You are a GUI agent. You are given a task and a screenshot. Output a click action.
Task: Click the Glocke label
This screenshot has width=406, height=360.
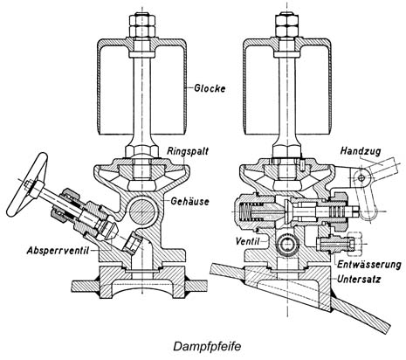click(x=210, y=88)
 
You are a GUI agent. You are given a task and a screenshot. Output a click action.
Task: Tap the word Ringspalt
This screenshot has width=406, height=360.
click(x=188, y=151)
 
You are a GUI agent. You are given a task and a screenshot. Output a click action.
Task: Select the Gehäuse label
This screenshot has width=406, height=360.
click(x=189, y=201)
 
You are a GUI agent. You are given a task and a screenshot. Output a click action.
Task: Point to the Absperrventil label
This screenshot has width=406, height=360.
click(x=58, y=251)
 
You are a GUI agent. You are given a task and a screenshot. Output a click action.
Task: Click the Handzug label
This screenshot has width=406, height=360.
click(x=361, y=151)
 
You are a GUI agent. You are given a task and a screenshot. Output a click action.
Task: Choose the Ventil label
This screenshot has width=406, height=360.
click(x=247, y=241)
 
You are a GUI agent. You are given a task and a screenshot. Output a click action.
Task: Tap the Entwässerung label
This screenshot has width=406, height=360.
click(x=369, y=265)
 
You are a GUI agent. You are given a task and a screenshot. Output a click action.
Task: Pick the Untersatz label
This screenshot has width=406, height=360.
click(x=359, y=279)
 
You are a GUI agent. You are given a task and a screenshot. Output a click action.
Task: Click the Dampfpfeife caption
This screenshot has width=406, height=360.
click(x=207, y=346)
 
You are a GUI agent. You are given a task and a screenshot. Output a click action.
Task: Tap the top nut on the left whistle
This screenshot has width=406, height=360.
click(x=142, y=25)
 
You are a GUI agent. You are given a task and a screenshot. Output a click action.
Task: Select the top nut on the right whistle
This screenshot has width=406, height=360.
click(x=287, y=25)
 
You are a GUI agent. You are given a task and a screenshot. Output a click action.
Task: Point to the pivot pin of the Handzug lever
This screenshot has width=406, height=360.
click(x=361, y=177)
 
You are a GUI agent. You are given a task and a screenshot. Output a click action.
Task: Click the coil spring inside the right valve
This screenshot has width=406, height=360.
click(x=246, y=211)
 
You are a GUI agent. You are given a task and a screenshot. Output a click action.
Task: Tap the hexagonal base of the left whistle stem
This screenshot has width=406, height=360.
click(x=142, y=151)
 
